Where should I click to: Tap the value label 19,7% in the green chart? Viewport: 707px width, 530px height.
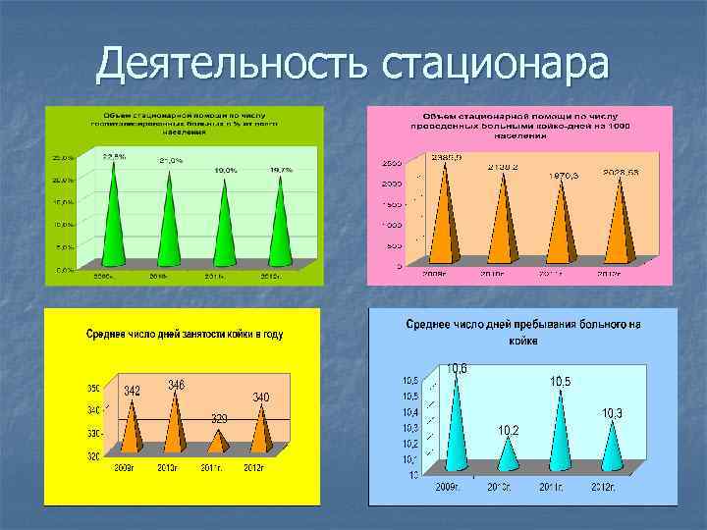282,170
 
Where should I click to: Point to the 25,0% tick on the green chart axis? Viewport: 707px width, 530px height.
62,158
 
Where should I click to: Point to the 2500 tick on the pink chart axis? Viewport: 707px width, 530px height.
391,162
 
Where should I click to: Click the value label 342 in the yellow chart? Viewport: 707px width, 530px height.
132,391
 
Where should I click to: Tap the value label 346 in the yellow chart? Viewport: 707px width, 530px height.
178,384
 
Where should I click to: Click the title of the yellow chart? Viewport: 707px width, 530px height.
183,335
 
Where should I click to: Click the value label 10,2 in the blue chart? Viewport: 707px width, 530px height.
509,430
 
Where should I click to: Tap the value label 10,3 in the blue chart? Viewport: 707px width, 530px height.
611,413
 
